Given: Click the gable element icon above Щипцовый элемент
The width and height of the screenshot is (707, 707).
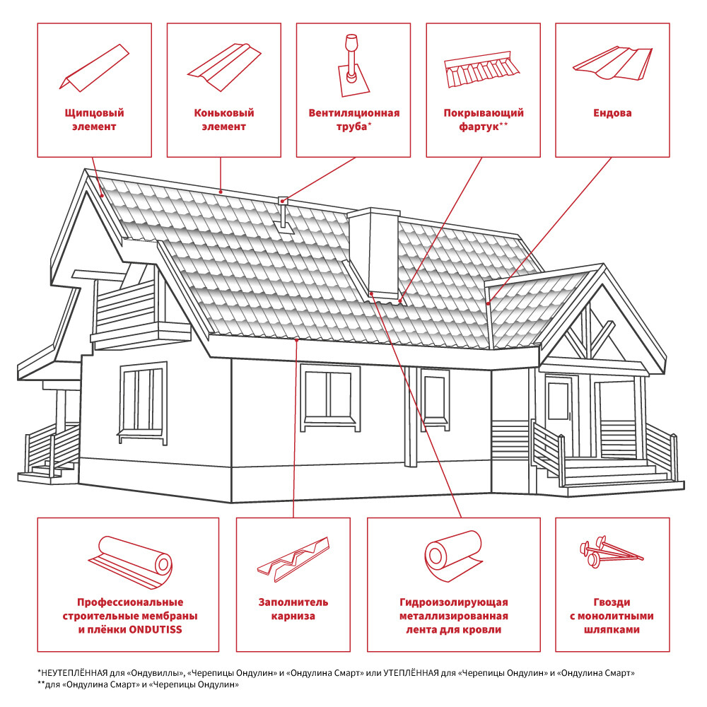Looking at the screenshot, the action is pyautogui.click(x=94, y=68).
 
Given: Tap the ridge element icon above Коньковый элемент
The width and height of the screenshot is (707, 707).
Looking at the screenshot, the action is pyautogui.click(x=224, y=67).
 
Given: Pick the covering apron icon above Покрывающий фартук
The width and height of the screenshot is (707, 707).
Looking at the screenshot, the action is pyautogui.click(x=481, y=69).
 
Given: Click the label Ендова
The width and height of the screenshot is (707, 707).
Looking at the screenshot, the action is pyautogui.click(x=612, y=113).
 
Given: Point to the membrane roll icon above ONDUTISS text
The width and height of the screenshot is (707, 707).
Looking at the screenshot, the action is pyautogui.click(x=130, y=562).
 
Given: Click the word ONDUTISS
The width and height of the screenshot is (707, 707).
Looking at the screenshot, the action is pyautogui.click(x=156, y=629).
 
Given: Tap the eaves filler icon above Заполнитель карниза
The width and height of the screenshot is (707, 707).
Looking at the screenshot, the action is pyautogui.click(x=293, y=559).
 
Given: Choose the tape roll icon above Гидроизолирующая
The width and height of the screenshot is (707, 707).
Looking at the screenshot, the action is pyautogui.click(x=453, y=556).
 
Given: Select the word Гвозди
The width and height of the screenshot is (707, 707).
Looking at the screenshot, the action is pyautogui.click(x=612, y=602).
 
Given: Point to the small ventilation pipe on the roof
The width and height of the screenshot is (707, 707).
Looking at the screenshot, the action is pyautogui.click(x=284, y=214).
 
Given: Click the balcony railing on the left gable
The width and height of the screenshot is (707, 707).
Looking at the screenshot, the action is pyautogui.click(x=125, y=305).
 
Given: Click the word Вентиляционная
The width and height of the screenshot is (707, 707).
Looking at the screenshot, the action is pyautogui.click(x=354, y=113).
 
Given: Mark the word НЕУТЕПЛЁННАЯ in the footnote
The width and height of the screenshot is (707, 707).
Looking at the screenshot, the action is pyautogui.click(x=74, y=673).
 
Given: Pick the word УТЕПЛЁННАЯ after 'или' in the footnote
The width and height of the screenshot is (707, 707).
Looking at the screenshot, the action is pyautogui.click(x=411, y=673).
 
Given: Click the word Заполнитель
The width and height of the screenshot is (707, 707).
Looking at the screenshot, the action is pyautogui.click(x=293, y=602).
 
